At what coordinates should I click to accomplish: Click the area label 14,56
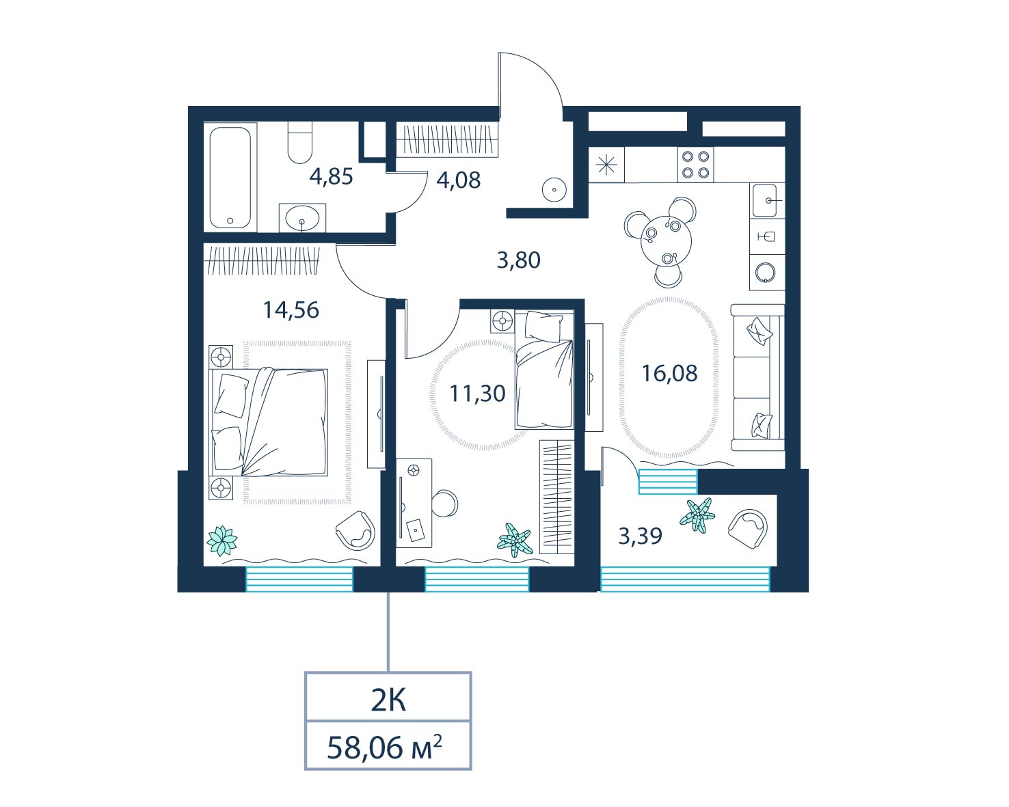pyautogui.click(x=291, y=310)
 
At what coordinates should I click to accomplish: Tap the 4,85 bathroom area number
pyautogui.click(x=331, y=177)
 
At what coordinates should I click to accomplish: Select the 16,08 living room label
pyautogui.click(x=669, y=374)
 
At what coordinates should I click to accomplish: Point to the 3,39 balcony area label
pyautogui.click(x=640, y=536)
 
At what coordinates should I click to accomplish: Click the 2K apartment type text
pyautogui.click(x=388, y=701)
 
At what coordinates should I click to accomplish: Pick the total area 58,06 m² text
pyautogui.click(x=384, y=748)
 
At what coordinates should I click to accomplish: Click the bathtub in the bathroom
pyautogui.click(x=230, y=178)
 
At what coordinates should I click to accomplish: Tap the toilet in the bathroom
pyautogui.click(x=299, y=142)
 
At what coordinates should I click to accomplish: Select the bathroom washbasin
pyautogui.click(x=302, y=218)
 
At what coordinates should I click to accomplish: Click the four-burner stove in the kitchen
pyautogui.click(x=695, y=165)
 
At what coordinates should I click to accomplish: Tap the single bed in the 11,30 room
pyautogui.click(x=544, y=369)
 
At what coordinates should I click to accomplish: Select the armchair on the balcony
pyautogui.click(x=748, y=529)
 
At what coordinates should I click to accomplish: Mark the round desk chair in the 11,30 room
pyautogui.click(x=444, y=504)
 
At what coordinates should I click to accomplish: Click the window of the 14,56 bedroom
pyautogui.click(x=299, y=579)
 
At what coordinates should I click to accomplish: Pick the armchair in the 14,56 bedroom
pyautogui.click(x=355, y=530)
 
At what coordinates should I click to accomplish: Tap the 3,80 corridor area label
pyautogui.click(x=519, y=260)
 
